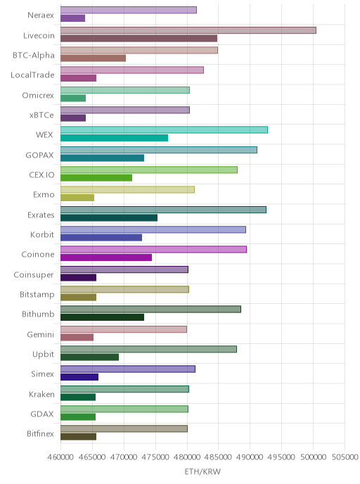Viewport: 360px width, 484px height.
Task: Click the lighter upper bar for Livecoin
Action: point(188,30)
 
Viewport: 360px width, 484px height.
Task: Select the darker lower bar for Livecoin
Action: point(139,38)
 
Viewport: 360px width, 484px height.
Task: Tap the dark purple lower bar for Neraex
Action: point(73,18)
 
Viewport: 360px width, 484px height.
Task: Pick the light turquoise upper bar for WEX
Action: point(164,130)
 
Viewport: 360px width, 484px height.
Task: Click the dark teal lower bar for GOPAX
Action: point(102,158)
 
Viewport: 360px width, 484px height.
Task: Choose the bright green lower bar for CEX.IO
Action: point(96,178)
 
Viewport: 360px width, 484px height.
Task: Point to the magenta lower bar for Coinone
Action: point(106,257)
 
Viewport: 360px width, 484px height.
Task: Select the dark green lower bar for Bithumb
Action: point(102,317)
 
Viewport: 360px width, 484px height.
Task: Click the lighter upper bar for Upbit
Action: point(148,349)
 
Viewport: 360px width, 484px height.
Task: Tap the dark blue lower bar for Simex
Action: point(79,377)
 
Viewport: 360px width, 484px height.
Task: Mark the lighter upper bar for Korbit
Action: point(153,229)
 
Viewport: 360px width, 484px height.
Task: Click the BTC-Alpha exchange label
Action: point(34,56)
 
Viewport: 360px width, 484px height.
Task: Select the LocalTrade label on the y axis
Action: point(32,75)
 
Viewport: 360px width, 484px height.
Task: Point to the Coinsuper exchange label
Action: point(34,275)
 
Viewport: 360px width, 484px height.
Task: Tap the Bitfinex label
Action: point(40,433)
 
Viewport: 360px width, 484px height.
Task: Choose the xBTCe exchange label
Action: point(41,115)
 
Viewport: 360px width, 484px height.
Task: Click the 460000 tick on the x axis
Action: point(60,457)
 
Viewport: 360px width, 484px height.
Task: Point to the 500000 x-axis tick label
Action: point(313,457)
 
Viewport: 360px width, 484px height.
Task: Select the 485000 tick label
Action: point(218,457)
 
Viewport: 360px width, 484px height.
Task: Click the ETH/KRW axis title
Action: point(202,471)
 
